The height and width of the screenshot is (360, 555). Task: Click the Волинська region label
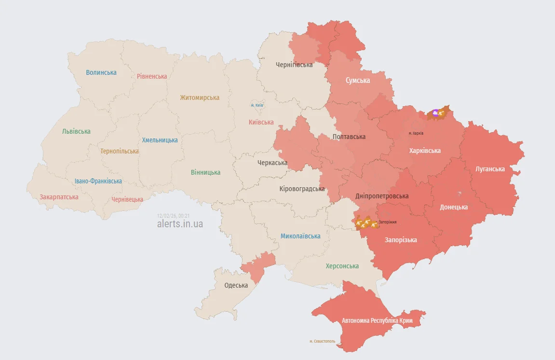pyautogui.click(x=101, y=72)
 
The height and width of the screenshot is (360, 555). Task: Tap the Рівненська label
pyautogui.click(x=152, y=76)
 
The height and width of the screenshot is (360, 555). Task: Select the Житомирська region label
pyautogui.click(x=200, y=97)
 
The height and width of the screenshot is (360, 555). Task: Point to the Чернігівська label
pyautogui.click(x=294, y=65)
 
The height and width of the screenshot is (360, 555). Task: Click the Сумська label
pyautogui.click(x=358, y=81)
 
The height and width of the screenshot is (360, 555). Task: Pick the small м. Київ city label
pyautogui.click(x=257, y=105)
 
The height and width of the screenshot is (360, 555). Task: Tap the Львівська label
pyautogui.click(x=76, y=131)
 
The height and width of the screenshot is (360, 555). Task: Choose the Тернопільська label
pyautogui.click(x=120, y=151)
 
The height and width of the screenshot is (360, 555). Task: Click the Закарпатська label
pyautogui.click(x=59, y=197)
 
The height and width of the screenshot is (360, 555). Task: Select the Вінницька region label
pyautogui.click(x=205, y=172)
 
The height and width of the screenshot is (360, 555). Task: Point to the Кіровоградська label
pyautogui.click(x=302, y=189)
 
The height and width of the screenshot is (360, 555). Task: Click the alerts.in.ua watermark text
pyautogui.click(x=180, y=224)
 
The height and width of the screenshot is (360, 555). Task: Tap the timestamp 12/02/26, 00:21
pyautogui.click(x=173, y=216)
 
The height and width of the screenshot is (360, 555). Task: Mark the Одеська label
pyautogui.click(x=236, y=285)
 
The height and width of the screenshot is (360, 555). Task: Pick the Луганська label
pyautogui.click(x=490, y=169)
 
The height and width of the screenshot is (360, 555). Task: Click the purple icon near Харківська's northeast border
pyautogui.click(x=435, y=113)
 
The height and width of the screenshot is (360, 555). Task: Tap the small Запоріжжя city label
pyautogui.click(x=388, y=222)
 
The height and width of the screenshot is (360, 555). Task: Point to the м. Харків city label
pyautogui.click(x=416, y=133)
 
